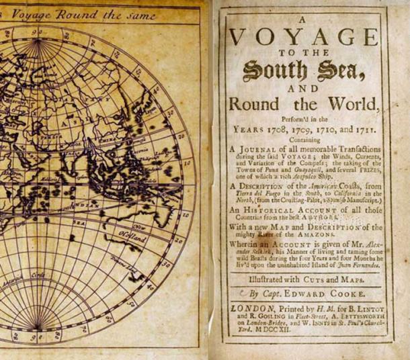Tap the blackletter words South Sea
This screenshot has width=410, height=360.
[x=306, y=67]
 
